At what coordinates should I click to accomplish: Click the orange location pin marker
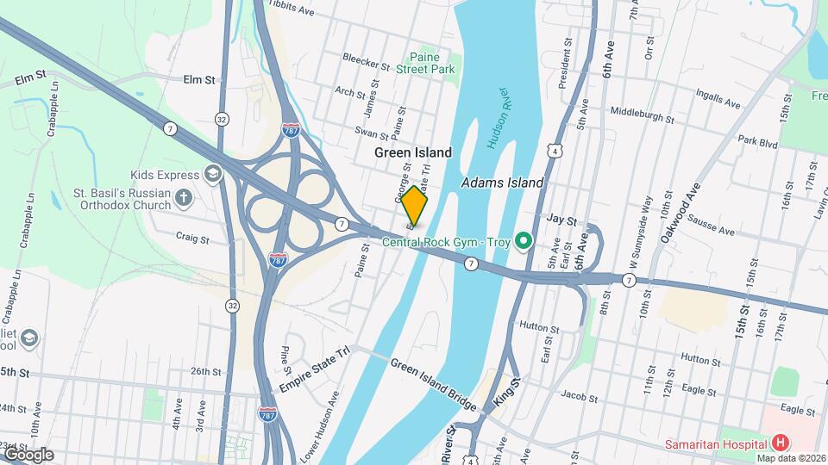pyautogui.click(x=415, y=206)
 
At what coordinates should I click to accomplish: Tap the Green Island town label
pyautogui.click(x=413, y=152)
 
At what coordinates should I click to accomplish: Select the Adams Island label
pyautogui.click(x=502, y=183)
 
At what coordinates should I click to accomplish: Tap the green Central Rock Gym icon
pyautogui.click(x=522, y=240)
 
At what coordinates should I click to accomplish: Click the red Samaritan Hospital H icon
pyautogui.click(x=781, y=443)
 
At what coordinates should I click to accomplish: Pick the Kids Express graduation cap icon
pyautogui.click(x=211, y=175)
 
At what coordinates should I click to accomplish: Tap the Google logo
pyautogui.click(x=28, y=454)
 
